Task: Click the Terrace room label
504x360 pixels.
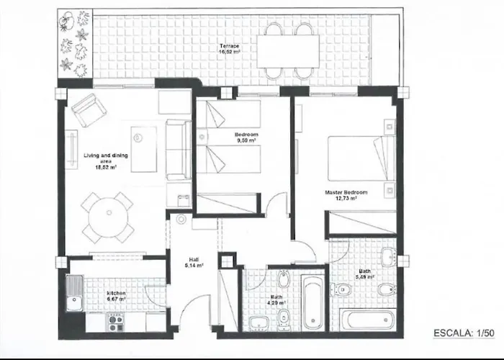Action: (x=230, y=47)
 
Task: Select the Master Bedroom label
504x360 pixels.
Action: (x=346, y=193)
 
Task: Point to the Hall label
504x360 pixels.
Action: (x=193, y=259)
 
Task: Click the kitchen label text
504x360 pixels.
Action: (x=116, y=293)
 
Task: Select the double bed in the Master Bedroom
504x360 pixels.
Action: (x=360, y=158)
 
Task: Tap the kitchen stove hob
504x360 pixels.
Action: (x=115, y=319)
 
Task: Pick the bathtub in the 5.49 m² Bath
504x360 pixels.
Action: (x=367, y=320)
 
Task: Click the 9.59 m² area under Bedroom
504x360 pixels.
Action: (x=245, y=141)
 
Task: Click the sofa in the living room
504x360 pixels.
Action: (x=175, y=150)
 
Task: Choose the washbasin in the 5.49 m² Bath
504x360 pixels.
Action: (x=387, y=257)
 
